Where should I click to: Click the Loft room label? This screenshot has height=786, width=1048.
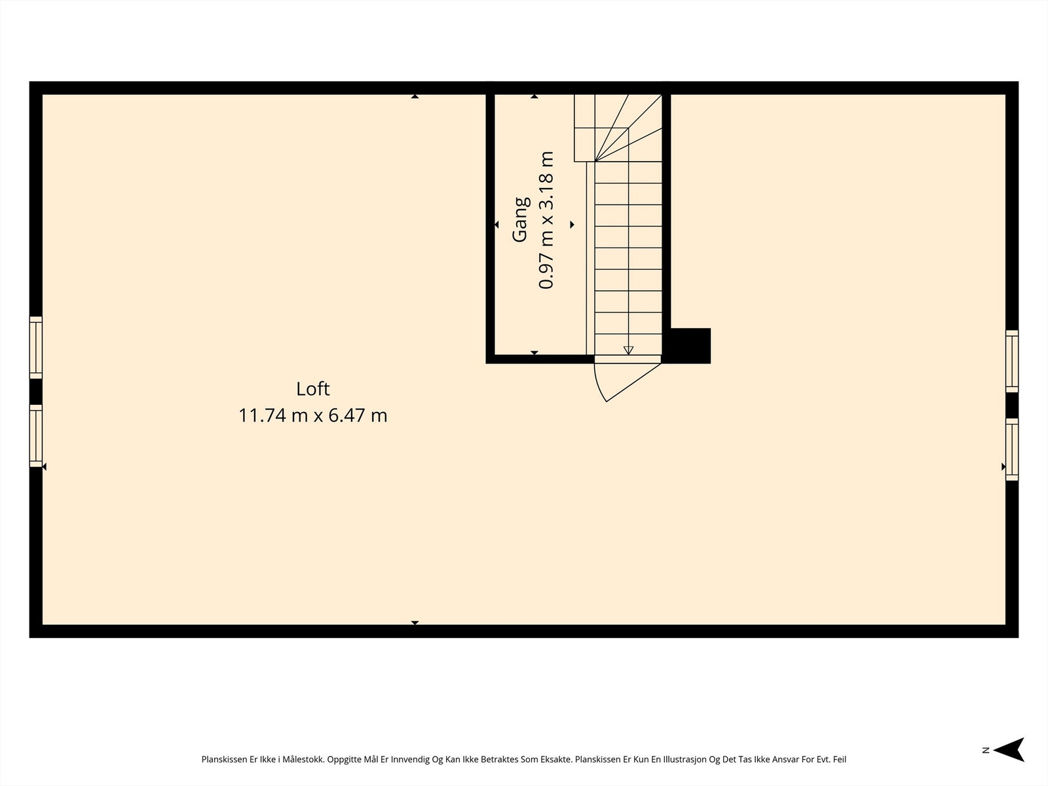[x=312, y=388]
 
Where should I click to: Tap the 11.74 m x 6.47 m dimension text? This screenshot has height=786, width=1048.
[x=312, y=415]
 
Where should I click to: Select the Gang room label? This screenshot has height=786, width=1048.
[x=520, y=220]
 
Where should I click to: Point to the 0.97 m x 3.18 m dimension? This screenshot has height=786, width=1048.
[x=546, y=220]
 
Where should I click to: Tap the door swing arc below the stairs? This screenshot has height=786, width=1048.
[x=600, y=386]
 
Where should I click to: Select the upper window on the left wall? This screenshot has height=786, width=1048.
[x=36, y=347]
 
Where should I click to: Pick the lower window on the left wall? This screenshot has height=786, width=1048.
[x=36, y=436]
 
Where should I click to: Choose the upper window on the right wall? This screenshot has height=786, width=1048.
[x=1012, y=362]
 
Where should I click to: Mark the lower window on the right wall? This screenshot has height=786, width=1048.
[x=1012, y=449]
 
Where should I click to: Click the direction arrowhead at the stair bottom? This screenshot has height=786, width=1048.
[x=628, y=350]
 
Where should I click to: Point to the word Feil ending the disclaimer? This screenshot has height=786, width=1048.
[x=839, y=760]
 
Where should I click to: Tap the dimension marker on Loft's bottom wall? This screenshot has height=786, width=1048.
[x=415, y=623]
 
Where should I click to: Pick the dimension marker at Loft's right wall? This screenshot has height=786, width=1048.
[x=1003, y=466]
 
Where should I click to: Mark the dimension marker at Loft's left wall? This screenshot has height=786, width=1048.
[x=44, y=466]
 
